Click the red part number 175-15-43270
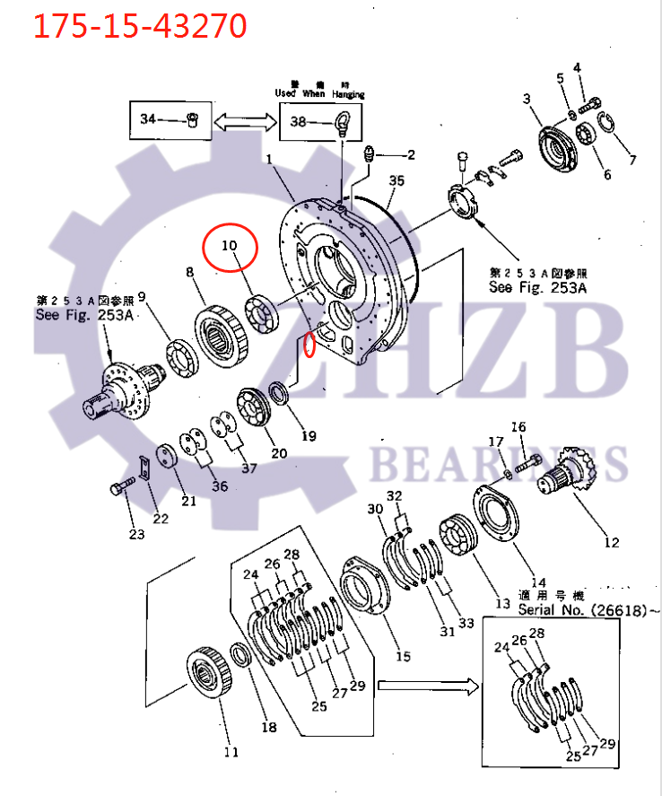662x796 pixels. (140, 26)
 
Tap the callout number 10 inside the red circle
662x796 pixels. (230, 245)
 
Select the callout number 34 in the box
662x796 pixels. (148, 118)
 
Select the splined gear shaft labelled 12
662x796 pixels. (567, 477)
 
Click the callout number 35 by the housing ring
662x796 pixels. (396, 179)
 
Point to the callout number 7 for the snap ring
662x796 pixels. (632, 161)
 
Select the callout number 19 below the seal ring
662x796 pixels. (308, 436)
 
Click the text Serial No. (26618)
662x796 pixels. (580, 608)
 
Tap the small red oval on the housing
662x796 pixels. (309, 344)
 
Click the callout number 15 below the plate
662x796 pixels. (403, 656)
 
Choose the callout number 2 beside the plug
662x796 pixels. (411, 154)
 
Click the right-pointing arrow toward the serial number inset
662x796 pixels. (427, 687)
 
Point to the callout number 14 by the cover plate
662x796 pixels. (537, 582)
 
